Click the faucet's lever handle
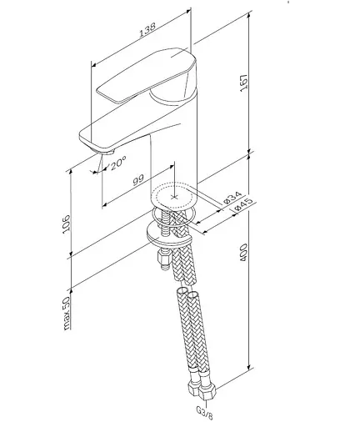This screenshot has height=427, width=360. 146,83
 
